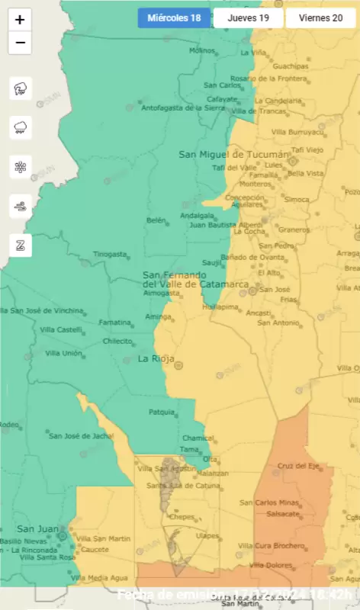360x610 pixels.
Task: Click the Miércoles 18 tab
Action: pyautogui.click(x=173, y=18)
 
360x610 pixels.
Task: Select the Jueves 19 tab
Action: pyautogui.click(x=248, y=18)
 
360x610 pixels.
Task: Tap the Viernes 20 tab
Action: pyautogui.click(x=320, y=18)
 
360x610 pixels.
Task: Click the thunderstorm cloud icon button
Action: pyautogui.click(x=20, y=88)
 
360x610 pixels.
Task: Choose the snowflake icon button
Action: pyautogui.click(x=20, y=166)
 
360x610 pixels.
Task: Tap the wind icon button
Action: pyautogui.click(x=20, y=205)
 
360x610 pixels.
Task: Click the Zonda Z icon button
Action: pyautogui.click(x=20, y=245)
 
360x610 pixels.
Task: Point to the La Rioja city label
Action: pyautogui.click(x=156, y=358)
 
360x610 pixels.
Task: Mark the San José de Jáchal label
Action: pyautogui.click(x=80, y=435)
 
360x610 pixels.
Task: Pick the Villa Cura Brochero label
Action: pyautogui.click(x=271, y=545)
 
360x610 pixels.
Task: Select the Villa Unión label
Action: pyautogui.click(x=64, y=353)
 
